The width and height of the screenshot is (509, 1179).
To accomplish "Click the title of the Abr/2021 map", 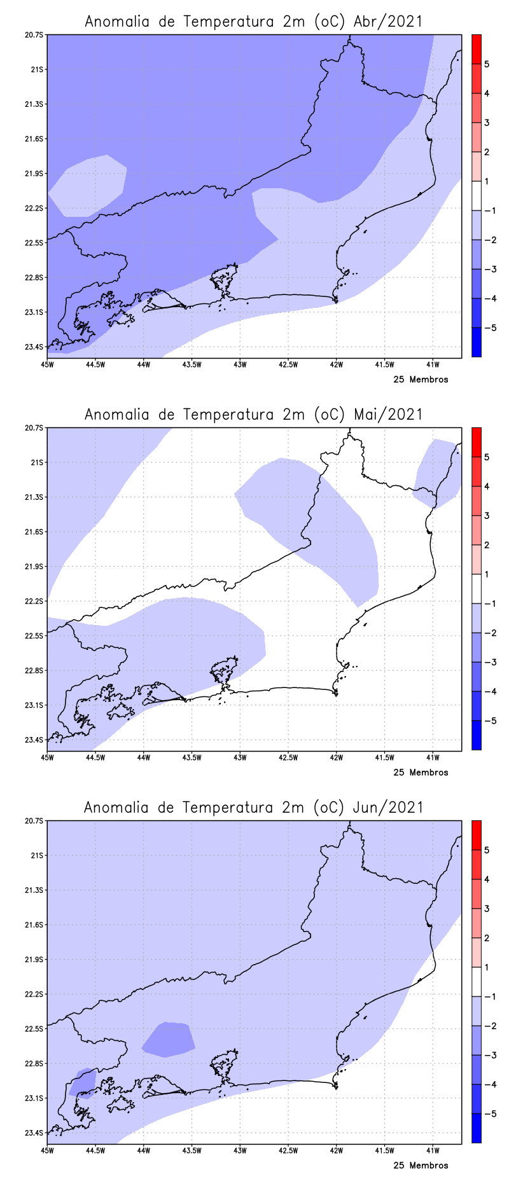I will click(x=253, y=22).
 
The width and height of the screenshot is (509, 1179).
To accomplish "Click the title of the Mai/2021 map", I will click(x=253, y=415).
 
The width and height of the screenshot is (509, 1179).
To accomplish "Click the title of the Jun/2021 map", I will click(x=253, y=808).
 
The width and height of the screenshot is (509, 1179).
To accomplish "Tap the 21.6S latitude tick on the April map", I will click(x=36, y=139).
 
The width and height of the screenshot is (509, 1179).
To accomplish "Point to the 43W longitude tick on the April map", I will click(x=240, y=364).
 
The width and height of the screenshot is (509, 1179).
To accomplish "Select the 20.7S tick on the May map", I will click(x=36, y=428).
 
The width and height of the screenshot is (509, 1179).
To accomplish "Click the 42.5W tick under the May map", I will click(x=288, y=757).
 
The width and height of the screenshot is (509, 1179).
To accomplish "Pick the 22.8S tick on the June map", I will click(x=36, y=1063).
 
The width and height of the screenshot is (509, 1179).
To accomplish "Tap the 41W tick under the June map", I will click(x=433, y=1150).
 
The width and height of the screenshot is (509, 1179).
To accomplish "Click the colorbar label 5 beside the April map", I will click(x=487, y=64).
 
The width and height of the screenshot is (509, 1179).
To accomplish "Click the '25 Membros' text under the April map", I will click(x=421, y=380).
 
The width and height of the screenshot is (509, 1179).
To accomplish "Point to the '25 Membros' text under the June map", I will click(x=421, y=1166).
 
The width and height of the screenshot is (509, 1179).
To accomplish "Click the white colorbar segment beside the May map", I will click(x=476, y=589).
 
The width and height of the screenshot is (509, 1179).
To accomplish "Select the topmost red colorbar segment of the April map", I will click(x=476, y=49).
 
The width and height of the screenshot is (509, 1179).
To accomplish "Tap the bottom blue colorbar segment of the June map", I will click(x=476, y=1129).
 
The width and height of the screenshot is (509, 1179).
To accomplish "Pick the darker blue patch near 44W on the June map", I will click(x=169, y=1040).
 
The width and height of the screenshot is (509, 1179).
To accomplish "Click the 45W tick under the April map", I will click(x=47, y=364).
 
